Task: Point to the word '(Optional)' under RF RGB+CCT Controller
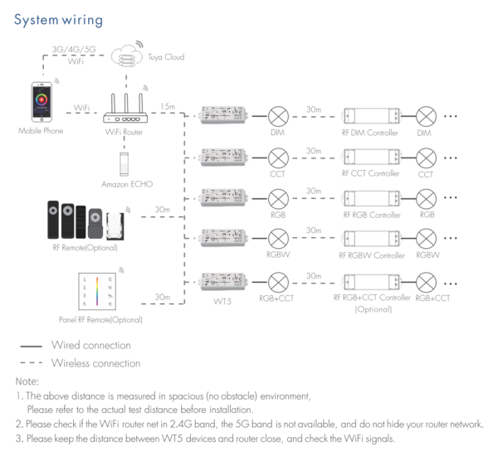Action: pyautogui.click(x=372, y=308)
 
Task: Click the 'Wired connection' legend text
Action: pyautogui.click(x=90, y=344)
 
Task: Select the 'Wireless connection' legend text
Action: pyautogui.click(x=96, y=362)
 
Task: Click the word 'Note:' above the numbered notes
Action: pyautogui.click(x=27, y=381)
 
